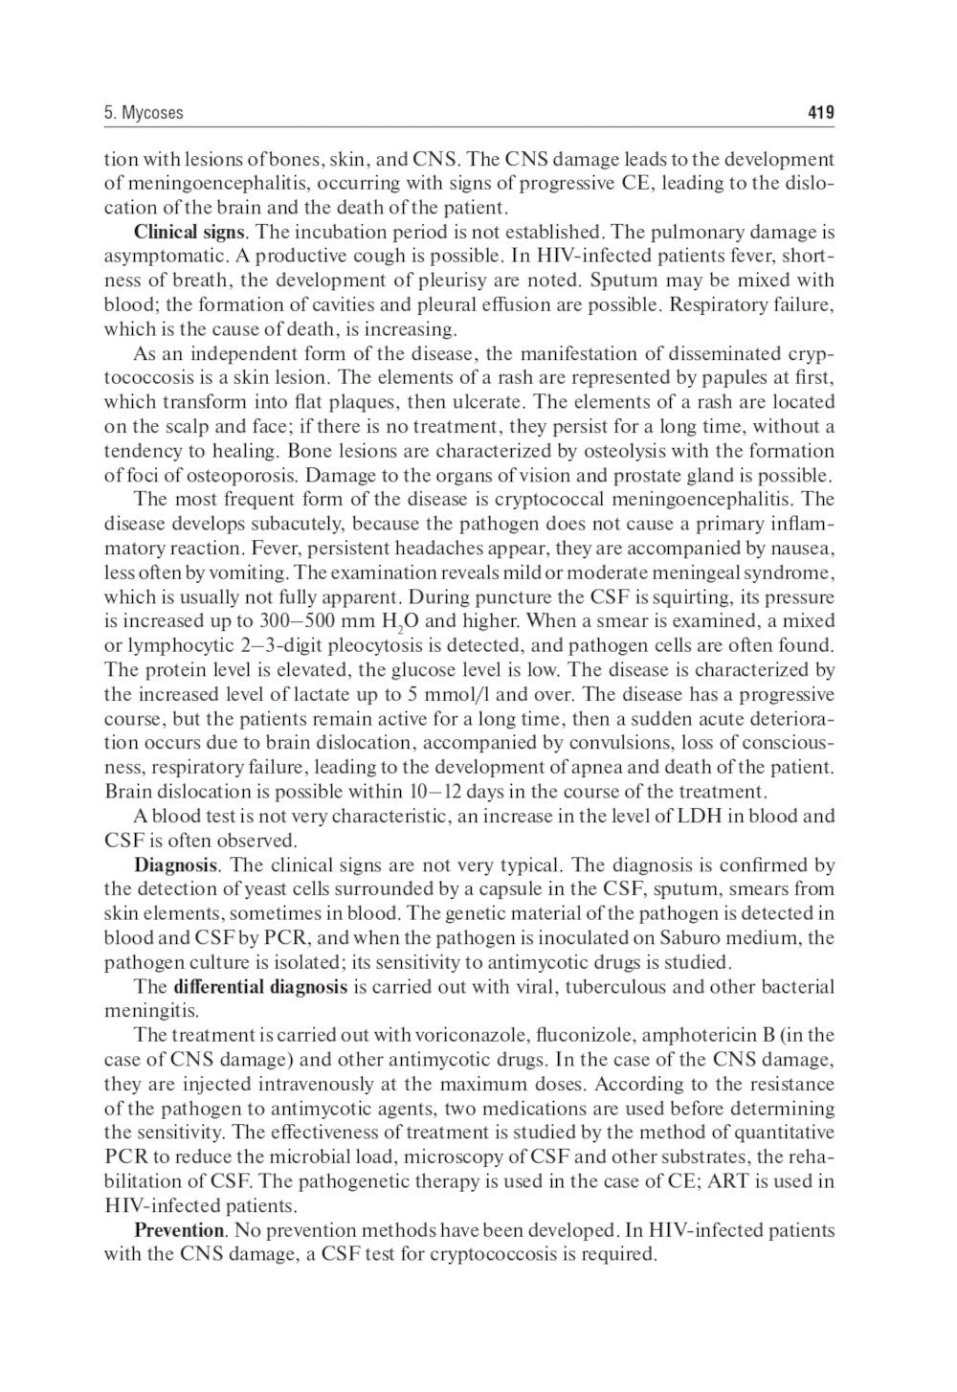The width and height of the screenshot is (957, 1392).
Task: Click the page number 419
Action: pos(820,113)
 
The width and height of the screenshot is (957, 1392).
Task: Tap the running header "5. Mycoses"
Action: pos(144,113)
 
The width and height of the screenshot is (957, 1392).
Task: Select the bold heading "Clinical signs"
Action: pos(189,233)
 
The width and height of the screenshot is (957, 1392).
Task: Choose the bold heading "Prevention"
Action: pos(179,1230)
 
